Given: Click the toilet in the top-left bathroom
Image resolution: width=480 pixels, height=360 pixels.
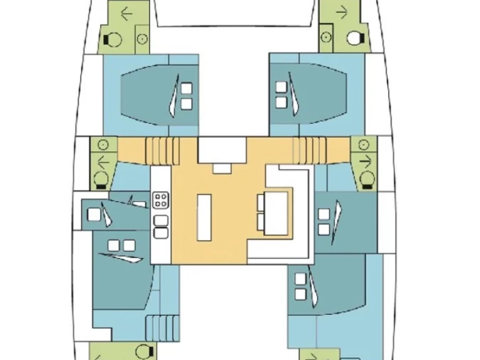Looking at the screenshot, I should click(x=114, y=39).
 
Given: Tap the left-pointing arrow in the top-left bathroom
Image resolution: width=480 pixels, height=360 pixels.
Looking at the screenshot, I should click(x=127, y=13).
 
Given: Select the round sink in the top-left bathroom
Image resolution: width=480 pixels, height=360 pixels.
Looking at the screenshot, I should click(x=142, y=39).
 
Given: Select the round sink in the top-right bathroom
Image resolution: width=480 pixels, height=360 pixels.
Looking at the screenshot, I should click(x=326, y=38).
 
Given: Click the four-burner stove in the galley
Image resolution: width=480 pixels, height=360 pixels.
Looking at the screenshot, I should click(x=161, y=201).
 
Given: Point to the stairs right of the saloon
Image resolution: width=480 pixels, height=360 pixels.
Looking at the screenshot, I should click(x=311, y=150).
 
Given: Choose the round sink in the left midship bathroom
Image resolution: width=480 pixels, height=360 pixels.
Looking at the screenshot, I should click(x=104, y=144).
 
